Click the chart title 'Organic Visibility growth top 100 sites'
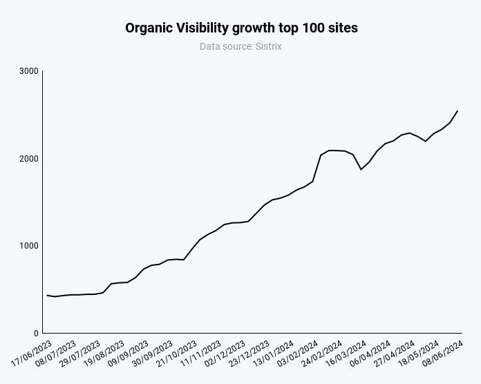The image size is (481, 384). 241,28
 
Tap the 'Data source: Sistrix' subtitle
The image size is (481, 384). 241,46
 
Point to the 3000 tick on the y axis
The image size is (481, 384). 29,71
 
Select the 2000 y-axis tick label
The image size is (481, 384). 29,159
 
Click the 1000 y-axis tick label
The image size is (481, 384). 29,246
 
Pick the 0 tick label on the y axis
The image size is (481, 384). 35,333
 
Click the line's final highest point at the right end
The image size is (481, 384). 458,111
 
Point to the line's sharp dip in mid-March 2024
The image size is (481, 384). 361,169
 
